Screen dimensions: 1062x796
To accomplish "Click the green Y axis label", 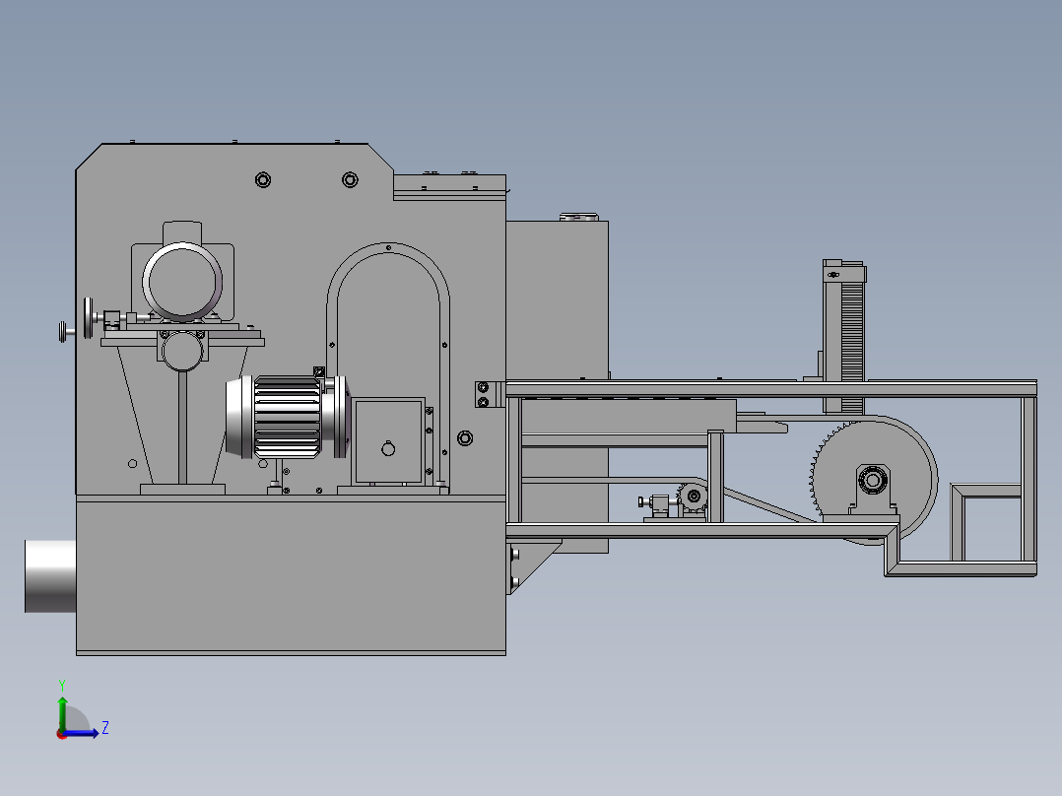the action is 62,685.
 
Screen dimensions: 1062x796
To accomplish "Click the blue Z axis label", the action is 105,728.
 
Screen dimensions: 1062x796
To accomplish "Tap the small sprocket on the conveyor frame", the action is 693,497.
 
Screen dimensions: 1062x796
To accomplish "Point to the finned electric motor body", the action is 288,417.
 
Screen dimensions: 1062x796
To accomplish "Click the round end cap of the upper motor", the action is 182,281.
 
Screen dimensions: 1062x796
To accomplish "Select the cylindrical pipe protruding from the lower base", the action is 50,576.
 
